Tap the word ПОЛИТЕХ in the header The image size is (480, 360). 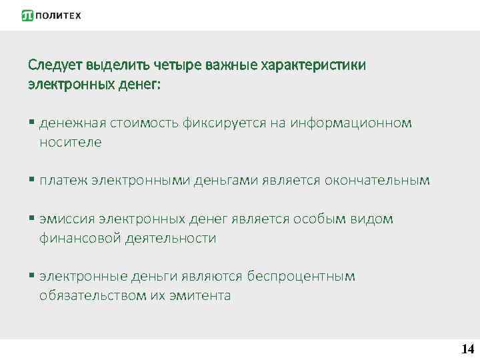pyautogui.click(x=58, y=15)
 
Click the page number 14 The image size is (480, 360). pyautogui.click(x=467, y=349)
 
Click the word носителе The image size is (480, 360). pyautogui.click(x=70, y=142)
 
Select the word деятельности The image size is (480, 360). pyautogui.click(x=171, y=238)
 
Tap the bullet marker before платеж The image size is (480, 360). pyautogui.click(x=31, y=180)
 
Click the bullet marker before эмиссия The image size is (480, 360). pyautogui.click(x=31, y=219)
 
